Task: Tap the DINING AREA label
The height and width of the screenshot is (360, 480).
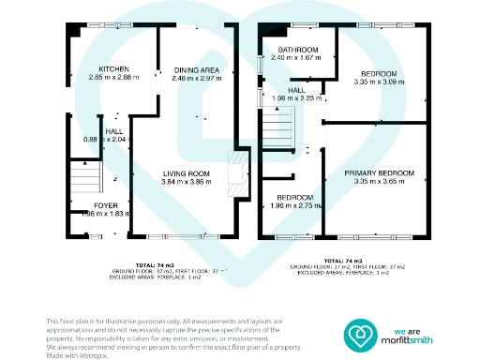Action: pyautogui.click(x=196, y=69)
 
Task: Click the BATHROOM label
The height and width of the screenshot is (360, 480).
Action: pyautogui.click(x=295, y=49)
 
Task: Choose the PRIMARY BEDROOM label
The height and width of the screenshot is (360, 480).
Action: pyautogui.click(x=379, y=173)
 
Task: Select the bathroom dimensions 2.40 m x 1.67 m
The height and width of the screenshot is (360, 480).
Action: pyautogui.click(x=295, y=58)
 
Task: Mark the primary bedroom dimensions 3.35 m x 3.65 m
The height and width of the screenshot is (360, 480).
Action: pyautogui.click(x=379, y=183)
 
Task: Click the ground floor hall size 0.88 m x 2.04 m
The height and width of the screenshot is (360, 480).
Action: pyautogui.click(x=104, y=140)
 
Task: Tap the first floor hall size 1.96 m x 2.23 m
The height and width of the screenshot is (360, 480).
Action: pyautogui.click(x=296, y=98)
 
